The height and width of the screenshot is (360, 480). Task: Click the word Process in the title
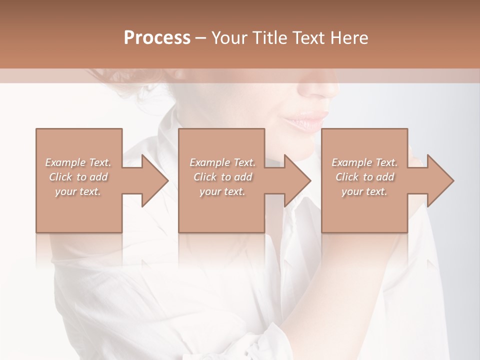click(x=157, y=38)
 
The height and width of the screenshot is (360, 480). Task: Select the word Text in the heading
click(x=308, y=38)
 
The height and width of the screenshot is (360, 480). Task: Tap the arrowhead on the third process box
click(x=438, y=180)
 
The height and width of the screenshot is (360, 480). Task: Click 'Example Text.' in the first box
click(x=78, y=162)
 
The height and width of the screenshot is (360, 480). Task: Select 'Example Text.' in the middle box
click(x=222, y=162)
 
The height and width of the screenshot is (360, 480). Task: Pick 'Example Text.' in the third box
click(x=364, y=162)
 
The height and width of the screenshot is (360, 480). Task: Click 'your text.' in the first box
click(x=78, y=191)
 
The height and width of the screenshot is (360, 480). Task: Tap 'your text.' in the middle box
click(x=222, y=191)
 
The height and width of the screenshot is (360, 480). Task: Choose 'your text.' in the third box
click(x=364, y=191)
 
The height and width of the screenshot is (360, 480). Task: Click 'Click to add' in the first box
click(x=78, y=177)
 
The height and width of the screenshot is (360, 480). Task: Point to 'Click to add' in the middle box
click(x=222, y=177)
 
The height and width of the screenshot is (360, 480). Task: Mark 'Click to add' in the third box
click(x=364, y=177)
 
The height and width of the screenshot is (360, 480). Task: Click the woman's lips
click(x=306, y=121)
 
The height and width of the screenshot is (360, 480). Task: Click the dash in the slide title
click(x=201, y=38)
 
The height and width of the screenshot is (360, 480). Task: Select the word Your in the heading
click(x=229, y=38)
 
